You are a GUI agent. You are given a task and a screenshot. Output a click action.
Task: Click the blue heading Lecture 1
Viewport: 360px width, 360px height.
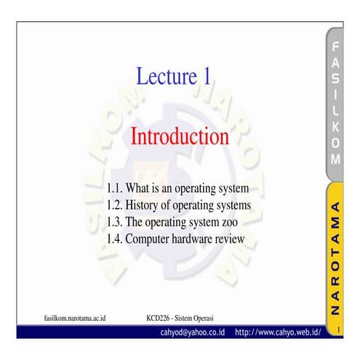[174, 76]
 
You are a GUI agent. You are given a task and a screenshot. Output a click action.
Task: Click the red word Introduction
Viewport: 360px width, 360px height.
[179, 136]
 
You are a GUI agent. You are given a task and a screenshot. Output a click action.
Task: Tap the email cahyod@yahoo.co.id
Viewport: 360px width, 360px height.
[193, 332]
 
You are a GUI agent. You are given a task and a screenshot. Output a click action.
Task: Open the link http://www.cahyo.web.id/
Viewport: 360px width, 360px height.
[278, 332]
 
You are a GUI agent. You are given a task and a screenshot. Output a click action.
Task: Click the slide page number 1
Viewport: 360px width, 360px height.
[338, 332]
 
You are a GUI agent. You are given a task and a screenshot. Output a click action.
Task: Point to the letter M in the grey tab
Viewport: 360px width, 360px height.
[335, 159]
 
